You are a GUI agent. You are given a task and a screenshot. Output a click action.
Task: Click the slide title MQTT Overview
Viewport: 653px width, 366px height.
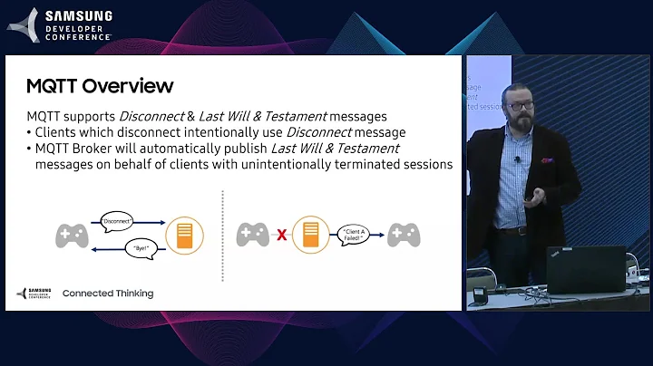pyautogui.click(x=100, y=87)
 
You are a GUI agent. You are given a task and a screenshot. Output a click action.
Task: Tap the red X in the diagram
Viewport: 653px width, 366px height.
pyautogui.click(x=282, y=235)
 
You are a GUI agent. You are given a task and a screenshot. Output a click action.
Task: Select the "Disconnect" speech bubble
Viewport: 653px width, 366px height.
pyautogui.click(x=118, y=220)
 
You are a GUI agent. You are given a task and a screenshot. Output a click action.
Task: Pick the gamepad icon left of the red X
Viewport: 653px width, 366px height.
pyautogui.click(x=252, y=235)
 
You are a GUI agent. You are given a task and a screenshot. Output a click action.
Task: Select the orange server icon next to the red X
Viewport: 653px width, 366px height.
pyautogui.click(x=310, y=235)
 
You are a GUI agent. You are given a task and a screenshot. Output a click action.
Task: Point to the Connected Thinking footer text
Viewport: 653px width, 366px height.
pyautogui.click(x=107, y=294)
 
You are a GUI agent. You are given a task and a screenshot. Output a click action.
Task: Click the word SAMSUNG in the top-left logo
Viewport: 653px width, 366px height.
pyautogui.click(x=79, y=15)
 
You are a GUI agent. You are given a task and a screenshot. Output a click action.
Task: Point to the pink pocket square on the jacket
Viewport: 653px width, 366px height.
pyautogui.click(x=547, y=159)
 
